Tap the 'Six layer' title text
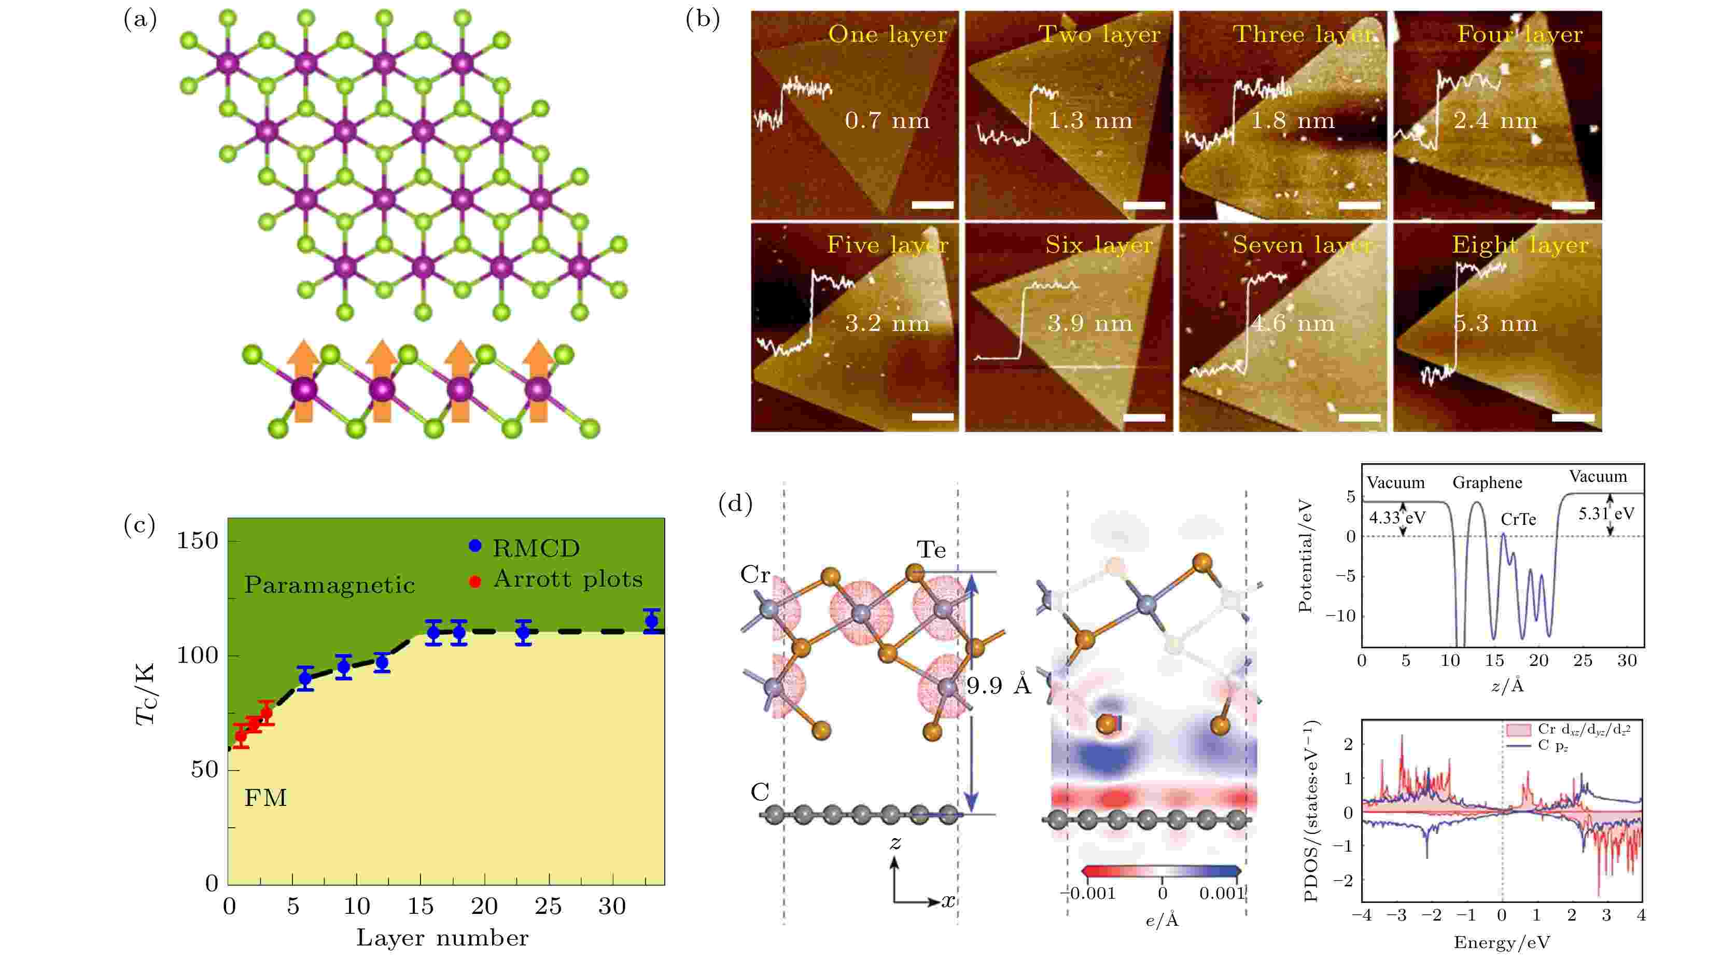[x=1099, y=245]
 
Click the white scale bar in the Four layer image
[x=1573, y=205]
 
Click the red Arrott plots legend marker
[x=475, y=581]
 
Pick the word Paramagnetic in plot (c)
[x=329, y=585]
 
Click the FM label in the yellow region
[x=265, y=798]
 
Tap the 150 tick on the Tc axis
[x=198, y=540]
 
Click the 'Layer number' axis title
[x=442, y=938]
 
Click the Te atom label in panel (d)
[x=931, y=550]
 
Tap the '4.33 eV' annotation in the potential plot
[x=1397, y=518]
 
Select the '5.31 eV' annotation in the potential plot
[x=1606, y=513]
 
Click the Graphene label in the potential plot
[x=1487, y=482]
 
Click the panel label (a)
[x=140, y=20]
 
